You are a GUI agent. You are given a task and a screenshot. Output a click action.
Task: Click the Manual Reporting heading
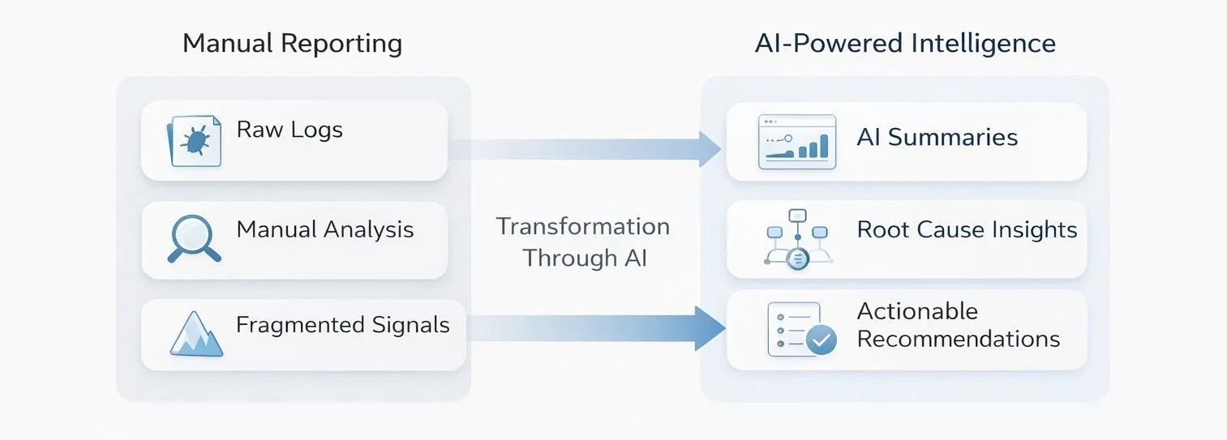[x=292, y=43]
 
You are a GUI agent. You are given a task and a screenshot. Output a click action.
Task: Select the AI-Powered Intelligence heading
[x=905, y=43]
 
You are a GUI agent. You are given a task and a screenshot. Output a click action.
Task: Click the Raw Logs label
[x=290, y=130]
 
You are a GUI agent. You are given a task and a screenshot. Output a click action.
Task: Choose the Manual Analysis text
[x=325, y=229]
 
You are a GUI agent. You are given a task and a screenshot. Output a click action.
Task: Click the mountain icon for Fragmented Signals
[x=196, y=335]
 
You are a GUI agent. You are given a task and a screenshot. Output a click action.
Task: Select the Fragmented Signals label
[x=342, y=325]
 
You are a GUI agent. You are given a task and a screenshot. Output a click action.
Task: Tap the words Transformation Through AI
[x=583, y=241]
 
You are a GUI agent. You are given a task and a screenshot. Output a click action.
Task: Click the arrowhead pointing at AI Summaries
[x=710, y=148]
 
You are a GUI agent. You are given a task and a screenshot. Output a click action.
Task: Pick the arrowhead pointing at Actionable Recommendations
[x=710, y=328]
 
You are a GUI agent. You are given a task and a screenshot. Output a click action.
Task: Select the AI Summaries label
[x=937, y=137]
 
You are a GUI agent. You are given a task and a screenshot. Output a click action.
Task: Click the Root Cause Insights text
[x=967, y=229]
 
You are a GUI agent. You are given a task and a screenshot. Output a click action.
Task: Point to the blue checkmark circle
[x=823, y=341]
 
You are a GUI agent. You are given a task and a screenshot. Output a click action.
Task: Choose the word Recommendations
[x=958, y=339]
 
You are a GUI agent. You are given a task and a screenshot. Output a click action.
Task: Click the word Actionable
[x=917, y=311]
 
